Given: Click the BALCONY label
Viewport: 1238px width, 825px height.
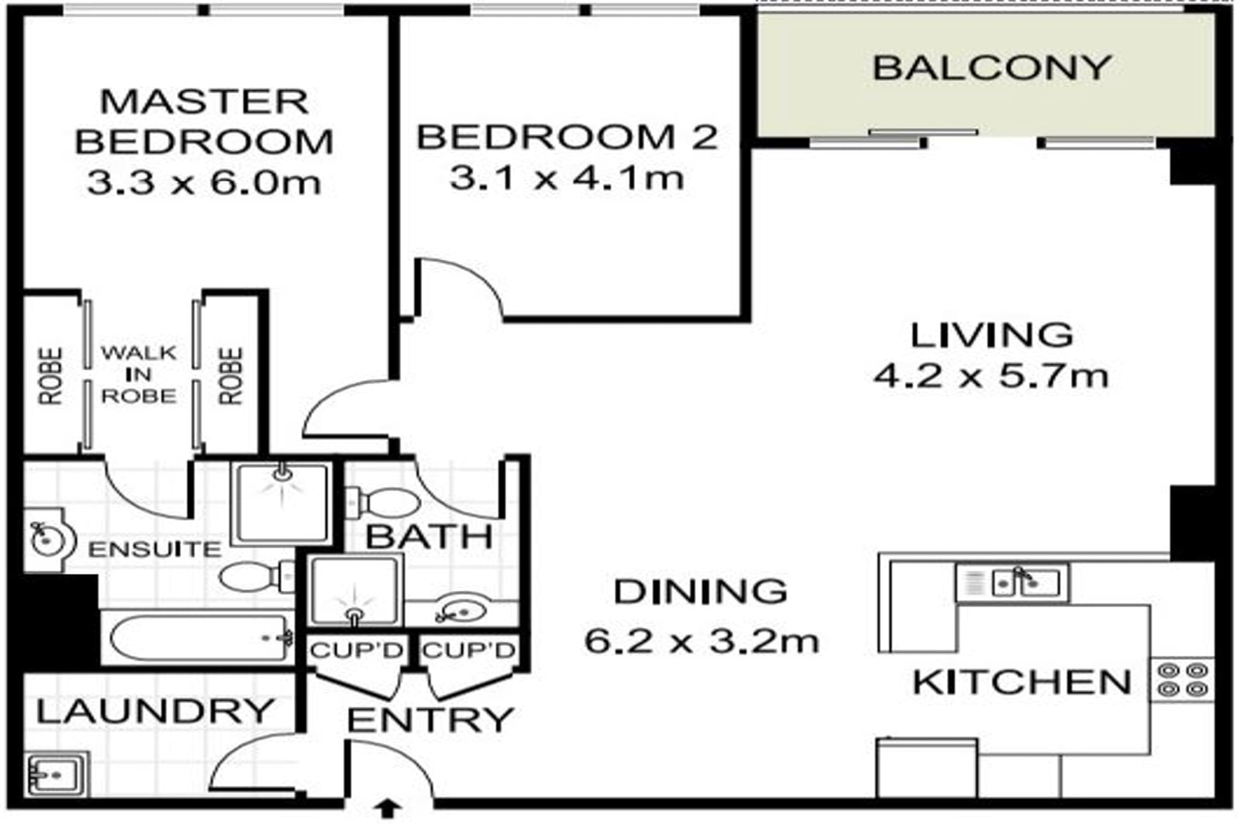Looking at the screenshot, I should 991,68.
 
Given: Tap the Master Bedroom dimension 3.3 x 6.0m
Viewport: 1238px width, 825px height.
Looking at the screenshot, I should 204,183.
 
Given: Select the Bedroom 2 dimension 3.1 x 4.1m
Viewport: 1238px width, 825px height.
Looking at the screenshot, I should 566,178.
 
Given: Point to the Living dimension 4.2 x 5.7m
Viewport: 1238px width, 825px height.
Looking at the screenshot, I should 991,376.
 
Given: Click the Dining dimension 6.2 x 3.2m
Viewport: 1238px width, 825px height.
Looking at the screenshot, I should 701,641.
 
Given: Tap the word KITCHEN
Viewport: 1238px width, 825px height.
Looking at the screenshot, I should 1021,682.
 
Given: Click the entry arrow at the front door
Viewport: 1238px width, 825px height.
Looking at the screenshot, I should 387,808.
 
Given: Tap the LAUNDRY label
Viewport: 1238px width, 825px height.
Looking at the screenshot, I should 155,711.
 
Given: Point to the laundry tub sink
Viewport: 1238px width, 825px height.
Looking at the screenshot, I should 56,774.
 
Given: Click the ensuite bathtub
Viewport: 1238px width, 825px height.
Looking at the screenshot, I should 199,638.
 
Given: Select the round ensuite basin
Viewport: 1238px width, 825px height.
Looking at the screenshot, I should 47,540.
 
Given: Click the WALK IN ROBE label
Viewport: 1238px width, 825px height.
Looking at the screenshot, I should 138,374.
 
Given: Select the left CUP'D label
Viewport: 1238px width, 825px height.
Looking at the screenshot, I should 357,651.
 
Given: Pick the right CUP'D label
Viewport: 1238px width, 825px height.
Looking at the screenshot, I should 468,651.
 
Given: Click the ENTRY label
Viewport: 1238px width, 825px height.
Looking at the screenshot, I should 430,720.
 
